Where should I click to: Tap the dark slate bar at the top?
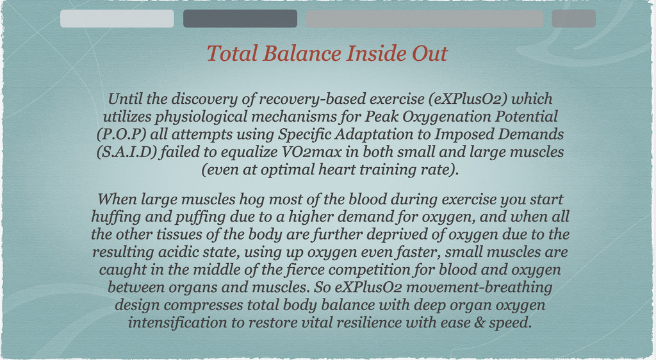(x=240, y=19)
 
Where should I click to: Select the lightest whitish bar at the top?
(x=117, y=19)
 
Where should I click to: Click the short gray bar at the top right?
(x=573, y=19)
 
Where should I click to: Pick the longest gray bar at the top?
(x=424, y=19)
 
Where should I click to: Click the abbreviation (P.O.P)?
(x=122, y=135)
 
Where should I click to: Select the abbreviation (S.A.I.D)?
(x=127, y=152)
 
